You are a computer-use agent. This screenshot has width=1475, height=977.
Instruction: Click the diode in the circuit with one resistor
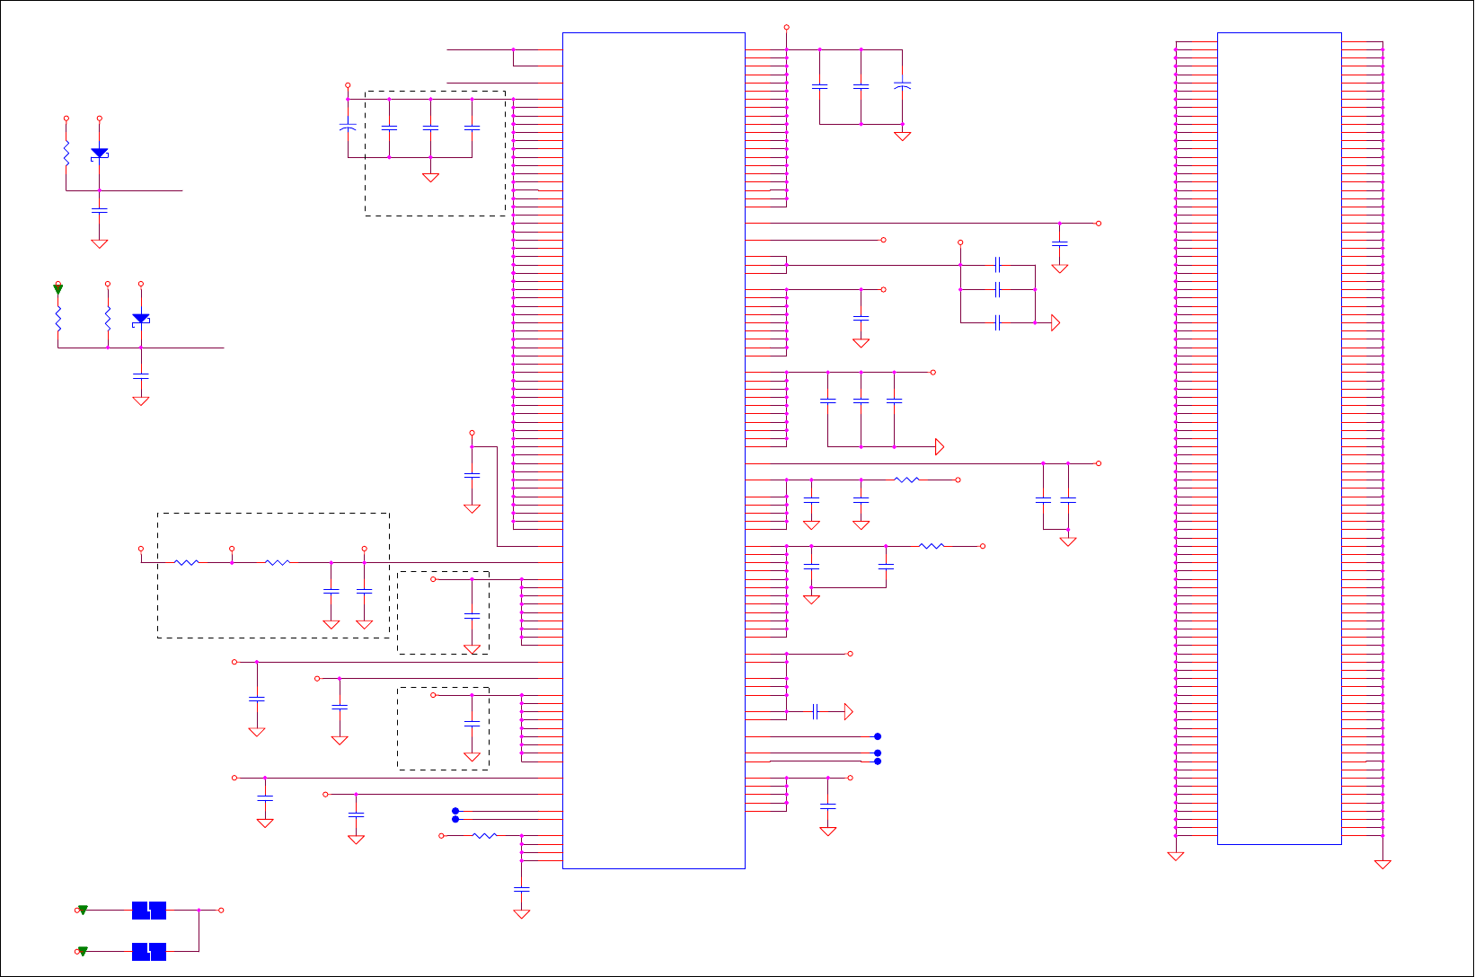point(99,154)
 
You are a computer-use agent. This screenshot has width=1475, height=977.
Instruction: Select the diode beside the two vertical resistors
point(140,320)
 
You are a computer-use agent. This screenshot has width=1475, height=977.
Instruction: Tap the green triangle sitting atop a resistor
point(58,289)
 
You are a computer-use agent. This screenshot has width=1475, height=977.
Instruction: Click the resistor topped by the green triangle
point(58,319)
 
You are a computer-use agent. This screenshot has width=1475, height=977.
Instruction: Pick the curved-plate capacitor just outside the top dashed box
point(348,128)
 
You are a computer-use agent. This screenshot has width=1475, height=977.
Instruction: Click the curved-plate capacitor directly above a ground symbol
point(902,86)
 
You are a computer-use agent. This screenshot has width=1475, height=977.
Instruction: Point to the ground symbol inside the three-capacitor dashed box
point(430,178)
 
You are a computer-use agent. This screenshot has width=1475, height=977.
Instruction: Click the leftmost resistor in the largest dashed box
point(186,563)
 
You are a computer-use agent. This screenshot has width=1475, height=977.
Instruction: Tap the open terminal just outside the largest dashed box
point(140,549)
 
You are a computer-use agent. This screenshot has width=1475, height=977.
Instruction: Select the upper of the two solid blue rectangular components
point(149,911)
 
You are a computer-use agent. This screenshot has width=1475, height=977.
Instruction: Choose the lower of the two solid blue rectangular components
point(149,952)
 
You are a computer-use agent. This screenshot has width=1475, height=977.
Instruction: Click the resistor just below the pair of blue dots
point(484,836)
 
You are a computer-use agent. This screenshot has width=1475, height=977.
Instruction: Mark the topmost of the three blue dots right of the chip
point(878,736)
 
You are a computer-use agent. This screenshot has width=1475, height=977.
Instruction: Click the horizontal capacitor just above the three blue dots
point(815,712)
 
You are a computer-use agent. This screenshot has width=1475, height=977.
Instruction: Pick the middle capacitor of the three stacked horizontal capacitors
point(997,290)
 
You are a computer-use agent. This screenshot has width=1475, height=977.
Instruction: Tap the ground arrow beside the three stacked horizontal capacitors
point(1055,323)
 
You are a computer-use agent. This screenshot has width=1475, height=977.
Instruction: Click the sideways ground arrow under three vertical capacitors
point(940,447)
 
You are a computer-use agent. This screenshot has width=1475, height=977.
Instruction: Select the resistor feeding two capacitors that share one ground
point(932,546)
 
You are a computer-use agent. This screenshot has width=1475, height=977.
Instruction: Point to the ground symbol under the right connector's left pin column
point(1175,857)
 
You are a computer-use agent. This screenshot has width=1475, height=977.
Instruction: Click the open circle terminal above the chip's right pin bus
point(786,27)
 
